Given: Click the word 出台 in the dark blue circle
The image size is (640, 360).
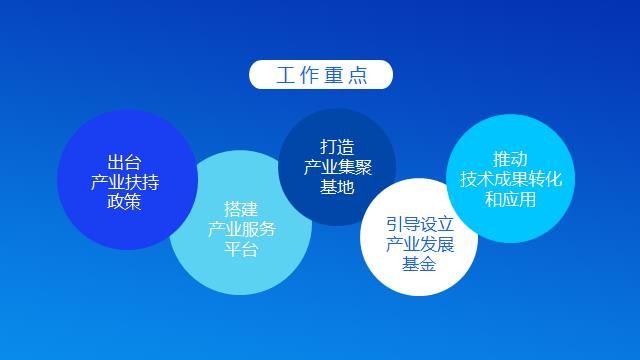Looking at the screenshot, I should [x=124, y=162].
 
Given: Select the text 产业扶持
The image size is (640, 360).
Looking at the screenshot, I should [x=124, y=182].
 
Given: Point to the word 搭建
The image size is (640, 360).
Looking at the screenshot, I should [x=241, y=209].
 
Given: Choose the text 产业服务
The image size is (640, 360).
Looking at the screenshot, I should [x=241, y=229].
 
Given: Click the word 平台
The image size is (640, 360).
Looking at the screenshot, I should [x=241, y=249].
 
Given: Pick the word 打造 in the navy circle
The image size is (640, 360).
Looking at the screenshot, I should [x=337, y=147].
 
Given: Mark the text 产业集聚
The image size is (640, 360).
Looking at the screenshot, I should [x=337, y=167].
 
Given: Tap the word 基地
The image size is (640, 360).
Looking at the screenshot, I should [x=337, y=187].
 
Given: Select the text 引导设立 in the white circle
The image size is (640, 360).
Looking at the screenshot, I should [x=419, y=224].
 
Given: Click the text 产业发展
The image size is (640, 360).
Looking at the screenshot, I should [x=419, y=244].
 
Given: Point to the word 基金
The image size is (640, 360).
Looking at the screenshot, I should [x=419, y=264].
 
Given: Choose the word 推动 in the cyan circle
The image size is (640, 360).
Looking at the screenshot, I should [x=510, y=159].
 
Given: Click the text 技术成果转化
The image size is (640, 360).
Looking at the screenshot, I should [x=510, y=179].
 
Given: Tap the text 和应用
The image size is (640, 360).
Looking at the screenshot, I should [x=510, y=199].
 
